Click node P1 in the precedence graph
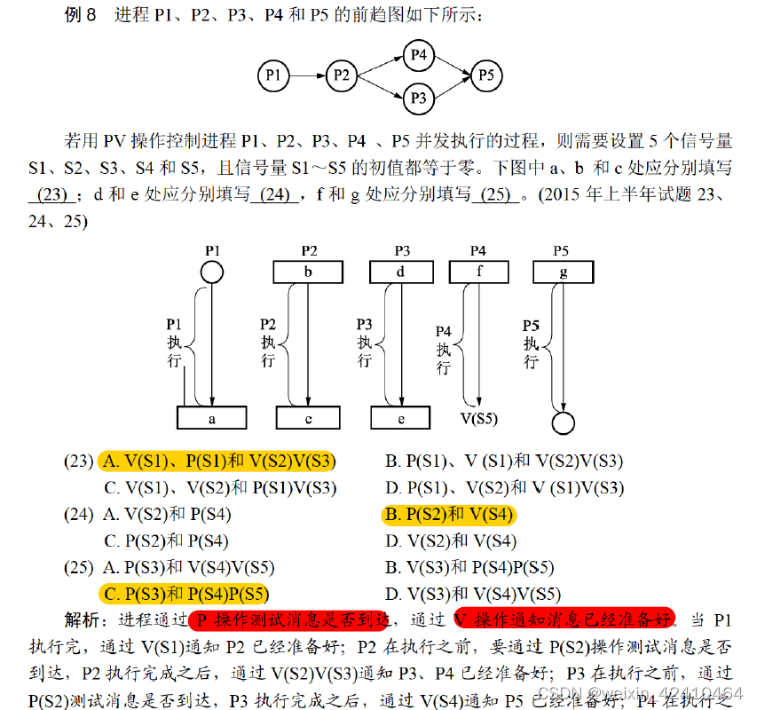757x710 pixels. [273, 76]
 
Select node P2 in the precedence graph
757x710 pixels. [342, 76]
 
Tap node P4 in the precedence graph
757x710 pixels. [419, 55]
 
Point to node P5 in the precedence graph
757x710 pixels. [485, 76]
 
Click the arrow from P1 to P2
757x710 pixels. [307, 76]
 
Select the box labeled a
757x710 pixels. [213, 417]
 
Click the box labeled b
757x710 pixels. [308, 272]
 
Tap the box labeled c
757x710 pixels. [307, 417]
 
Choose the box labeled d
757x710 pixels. [400, 272]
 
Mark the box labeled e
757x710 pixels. [400, 417]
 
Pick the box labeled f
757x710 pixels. [479, 272]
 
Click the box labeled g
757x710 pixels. [563, 272]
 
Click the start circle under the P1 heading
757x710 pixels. [211, 271]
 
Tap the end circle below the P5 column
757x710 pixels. [563, 422]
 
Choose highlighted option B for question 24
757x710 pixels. [449, 516]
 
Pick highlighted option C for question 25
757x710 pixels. [185, 595]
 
